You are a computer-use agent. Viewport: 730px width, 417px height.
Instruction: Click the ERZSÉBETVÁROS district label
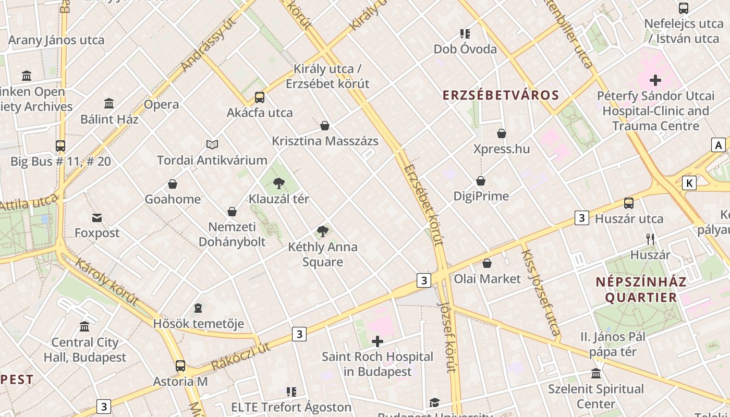click(501, 95)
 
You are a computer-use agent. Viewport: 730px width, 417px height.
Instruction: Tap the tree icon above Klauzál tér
click(279, 183)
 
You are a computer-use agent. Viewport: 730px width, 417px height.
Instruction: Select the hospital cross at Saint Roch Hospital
click(377, 341)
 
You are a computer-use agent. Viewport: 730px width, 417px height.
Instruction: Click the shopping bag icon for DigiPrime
click(481, 181)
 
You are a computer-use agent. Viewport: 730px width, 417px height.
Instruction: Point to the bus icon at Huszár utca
click(629, 203)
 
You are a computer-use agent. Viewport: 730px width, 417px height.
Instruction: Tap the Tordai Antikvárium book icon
click(212, 144)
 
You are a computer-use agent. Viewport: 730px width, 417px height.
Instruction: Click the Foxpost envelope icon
click(97, 217)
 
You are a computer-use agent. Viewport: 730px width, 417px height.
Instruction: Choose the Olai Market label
click(487, 279)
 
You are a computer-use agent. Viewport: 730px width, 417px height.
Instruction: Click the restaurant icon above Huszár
click(650, 239)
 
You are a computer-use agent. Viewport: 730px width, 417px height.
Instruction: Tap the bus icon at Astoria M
click(180, 366)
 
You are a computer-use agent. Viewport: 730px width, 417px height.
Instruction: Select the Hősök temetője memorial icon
click(198, 308)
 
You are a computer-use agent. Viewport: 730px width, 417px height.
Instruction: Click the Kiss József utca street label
click(541, 292)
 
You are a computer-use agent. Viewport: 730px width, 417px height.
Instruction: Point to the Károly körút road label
click(107, 281)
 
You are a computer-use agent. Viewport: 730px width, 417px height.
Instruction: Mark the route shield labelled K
click(689, 183)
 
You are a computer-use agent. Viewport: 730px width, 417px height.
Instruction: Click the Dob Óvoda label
click(465, 49)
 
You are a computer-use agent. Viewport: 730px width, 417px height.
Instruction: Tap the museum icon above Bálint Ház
click(109, 103)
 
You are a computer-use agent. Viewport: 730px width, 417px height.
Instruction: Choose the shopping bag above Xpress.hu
click(502, 133)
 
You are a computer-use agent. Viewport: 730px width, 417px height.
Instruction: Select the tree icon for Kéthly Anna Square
click(323, 231)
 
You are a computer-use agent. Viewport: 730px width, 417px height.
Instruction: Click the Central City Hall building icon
click(84, 327)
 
